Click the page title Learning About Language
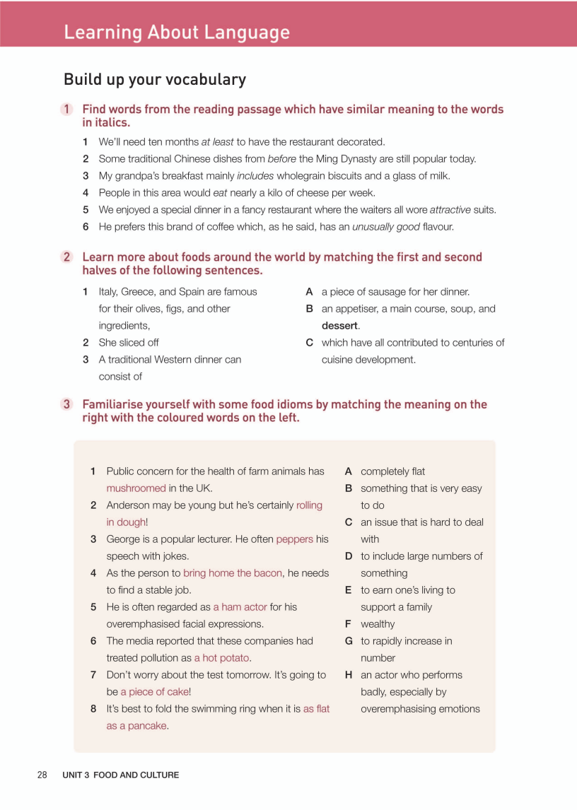177,33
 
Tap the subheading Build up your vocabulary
155,79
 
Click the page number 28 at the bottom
42,775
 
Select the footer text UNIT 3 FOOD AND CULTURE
120,775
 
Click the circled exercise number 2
67,257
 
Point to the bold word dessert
339,326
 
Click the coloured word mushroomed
136,488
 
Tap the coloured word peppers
294,539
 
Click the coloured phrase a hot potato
222,658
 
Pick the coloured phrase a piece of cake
154,692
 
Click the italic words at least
218,142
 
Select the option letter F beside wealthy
349,624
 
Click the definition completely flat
392,471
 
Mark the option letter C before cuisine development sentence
310,343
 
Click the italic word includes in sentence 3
255,176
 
